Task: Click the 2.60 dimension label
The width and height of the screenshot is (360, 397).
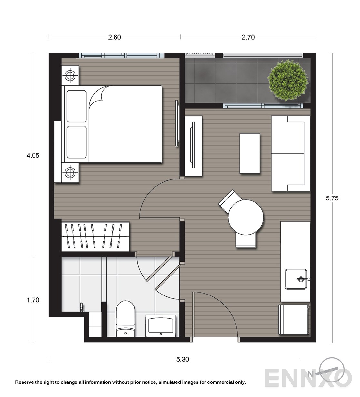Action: point(115,37)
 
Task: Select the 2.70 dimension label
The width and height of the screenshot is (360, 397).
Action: point(248,37)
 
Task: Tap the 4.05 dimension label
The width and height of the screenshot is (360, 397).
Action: point(33,155)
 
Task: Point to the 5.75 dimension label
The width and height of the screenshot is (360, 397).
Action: point(332,198)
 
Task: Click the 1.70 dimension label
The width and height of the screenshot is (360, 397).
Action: point(33,300)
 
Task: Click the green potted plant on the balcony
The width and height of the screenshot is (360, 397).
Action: point(288,80)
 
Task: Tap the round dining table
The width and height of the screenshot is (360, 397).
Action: point(246,217)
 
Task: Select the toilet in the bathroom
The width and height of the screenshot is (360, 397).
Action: point(125,319)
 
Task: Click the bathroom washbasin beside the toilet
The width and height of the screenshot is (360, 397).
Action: point(161,326)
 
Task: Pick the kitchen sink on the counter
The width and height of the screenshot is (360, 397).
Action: point(296,279)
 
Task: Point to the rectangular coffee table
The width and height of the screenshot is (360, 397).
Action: point(250,153)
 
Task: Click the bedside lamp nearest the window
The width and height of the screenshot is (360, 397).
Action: point(70,75)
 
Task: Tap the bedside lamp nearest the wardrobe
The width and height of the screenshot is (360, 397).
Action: point(70,173)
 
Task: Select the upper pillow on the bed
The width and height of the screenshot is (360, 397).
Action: point(76,106)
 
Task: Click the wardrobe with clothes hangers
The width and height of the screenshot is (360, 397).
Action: point(95,237)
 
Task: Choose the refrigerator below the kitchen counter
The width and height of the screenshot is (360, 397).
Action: point(294,320)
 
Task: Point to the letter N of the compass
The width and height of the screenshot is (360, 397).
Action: point(310,374)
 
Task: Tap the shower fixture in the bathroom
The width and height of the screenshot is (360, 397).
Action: point(82,307)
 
